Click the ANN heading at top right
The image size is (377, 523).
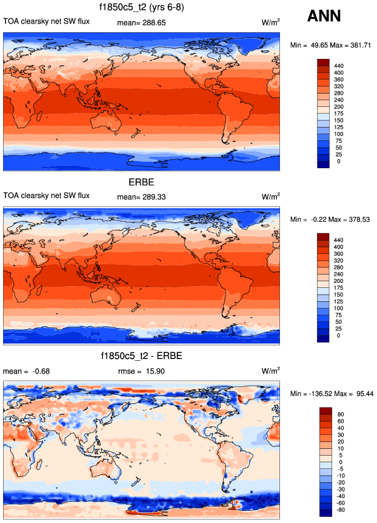325,16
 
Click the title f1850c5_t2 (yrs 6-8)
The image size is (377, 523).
142,8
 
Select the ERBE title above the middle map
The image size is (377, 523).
142,182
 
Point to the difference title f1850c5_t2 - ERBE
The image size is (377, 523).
142,355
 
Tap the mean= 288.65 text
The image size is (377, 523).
141,22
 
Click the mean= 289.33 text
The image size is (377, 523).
141,196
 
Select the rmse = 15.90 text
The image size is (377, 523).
141,370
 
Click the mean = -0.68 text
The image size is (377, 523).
24,370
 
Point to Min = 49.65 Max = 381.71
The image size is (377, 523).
332,46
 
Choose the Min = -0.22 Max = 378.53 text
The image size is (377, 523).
332,219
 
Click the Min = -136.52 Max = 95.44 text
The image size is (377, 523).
332,394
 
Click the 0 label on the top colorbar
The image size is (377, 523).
338,162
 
